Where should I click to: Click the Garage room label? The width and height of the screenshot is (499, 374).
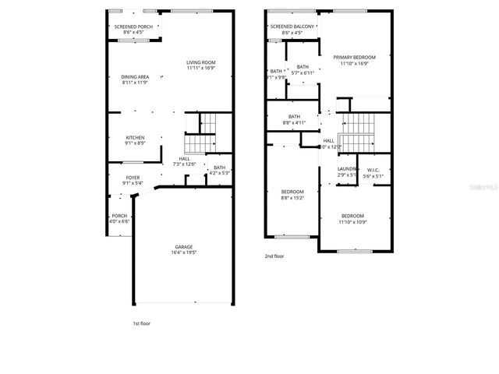click(184, 246)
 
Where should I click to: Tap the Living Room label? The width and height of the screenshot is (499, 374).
click(201, 62)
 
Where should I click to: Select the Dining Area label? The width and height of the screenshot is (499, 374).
click(135, 76)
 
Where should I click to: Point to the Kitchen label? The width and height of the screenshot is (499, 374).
click(135, 137)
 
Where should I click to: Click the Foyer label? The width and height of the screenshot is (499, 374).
click(133, 178)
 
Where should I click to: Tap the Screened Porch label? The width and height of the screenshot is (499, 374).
click(134, 26)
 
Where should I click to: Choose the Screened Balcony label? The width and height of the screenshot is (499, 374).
click(293, 26)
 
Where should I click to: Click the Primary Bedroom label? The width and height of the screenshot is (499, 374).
click(354, 57)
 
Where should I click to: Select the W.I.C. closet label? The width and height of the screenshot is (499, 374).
click(373, 171)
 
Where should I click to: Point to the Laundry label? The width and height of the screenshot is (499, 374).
click(347, 169)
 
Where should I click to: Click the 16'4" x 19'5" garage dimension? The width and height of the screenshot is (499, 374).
click(184, 252)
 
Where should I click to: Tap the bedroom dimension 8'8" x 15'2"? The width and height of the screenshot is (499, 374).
click(292, 198)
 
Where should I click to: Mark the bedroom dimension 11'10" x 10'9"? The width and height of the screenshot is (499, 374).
click(352, 222)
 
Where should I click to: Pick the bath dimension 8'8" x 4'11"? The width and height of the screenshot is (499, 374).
click(295, 122)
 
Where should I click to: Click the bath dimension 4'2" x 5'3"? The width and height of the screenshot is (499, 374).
click(220, 173)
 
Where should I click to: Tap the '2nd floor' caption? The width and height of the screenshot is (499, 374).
click(274, 255)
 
